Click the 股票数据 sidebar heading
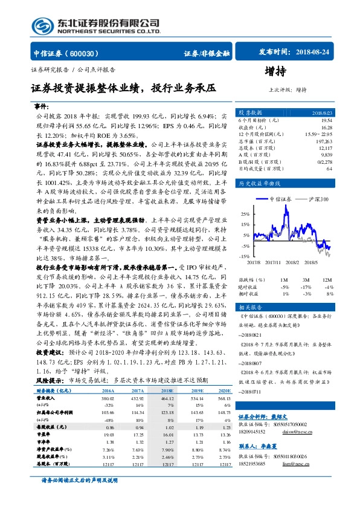[251, 113]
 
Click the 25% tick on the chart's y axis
[244, 214]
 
